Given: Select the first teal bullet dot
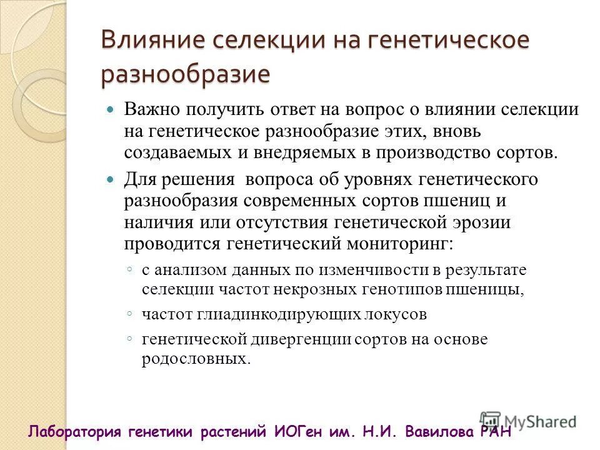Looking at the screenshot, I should [111, 109].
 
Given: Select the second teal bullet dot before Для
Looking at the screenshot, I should [111, 179].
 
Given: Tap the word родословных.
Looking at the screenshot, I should [195, 359].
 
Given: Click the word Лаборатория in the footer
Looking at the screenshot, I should [75, 431].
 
